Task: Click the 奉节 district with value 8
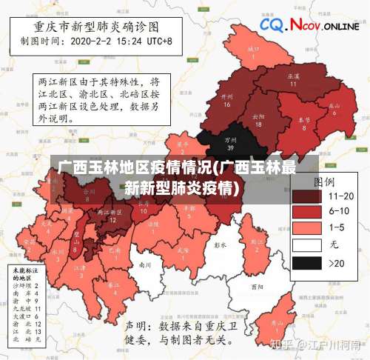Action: click(x=303, y=123)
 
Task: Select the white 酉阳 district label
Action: click(x=256, y=286)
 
